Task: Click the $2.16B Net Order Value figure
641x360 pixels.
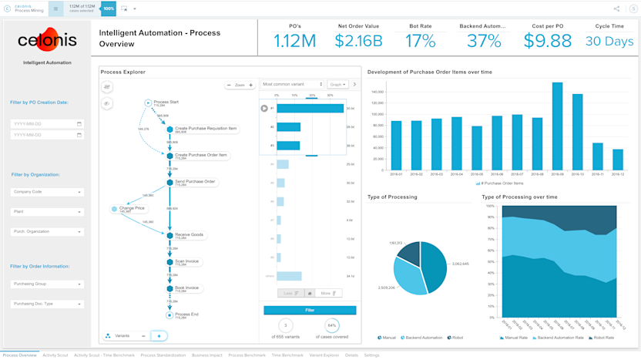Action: (358, 42)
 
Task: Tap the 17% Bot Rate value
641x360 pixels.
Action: (420, 42)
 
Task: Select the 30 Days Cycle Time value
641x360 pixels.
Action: (609, 42)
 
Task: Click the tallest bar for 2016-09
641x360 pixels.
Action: (557, 126)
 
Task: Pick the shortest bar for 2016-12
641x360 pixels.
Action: (617, 160)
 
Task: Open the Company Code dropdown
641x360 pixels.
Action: (48, 192)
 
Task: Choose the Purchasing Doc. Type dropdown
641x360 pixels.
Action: (48, 304)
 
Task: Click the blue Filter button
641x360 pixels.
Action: (310, 310)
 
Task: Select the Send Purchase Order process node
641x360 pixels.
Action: (195, 182)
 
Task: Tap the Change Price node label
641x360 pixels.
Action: (133, 208)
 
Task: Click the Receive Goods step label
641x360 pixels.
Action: (189, 234)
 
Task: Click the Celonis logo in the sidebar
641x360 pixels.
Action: (48, 42)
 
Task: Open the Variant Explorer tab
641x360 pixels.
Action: (324, 355)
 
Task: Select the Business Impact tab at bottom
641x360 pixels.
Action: (206, 355)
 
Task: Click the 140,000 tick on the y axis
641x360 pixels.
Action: (378, 92)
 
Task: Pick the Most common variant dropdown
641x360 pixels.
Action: (293, 84)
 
